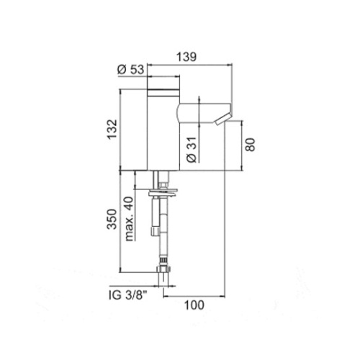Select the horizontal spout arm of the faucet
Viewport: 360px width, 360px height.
click(198, 112)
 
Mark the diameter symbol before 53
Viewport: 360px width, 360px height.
click(120, 69)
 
